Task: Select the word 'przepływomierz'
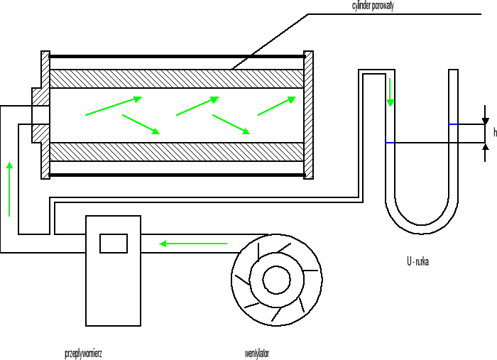(x=83, y=353)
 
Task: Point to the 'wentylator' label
(x=257, y=353)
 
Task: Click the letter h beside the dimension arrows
(x=494, y=132)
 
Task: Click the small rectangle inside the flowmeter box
(x=114, y=243)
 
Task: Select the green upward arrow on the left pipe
(x=9, y=188)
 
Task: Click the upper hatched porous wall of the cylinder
(x=177, y=78)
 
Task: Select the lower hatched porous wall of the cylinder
(x=177, y=152)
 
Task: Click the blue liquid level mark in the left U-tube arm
(x=390, y=143)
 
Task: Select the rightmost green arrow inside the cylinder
(x=276, y=105)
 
